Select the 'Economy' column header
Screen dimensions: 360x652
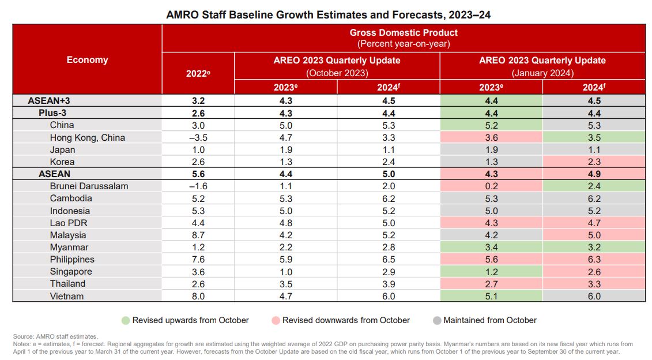point(87,59)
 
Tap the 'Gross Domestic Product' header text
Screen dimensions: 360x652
point(404,32)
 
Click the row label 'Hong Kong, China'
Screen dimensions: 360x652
point(88,137)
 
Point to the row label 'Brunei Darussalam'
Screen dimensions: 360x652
point(89,186)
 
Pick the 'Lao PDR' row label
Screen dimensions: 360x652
point(68,223)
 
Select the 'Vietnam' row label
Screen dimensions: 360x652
point(67,296)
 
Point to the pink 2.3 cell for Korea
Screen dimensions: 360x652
point(594,162)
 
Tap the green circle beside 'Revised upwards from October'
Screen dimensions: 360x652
point(126,320)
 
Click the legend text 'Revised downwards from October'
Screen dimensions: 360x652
point(346,320)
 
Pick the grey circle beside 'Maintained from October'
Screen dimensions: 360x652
point(436,320)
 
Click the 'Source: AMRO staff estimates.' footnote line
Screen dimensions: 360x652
point(55,336)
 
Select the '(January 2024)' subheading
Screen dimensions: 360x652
point(542,73)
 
